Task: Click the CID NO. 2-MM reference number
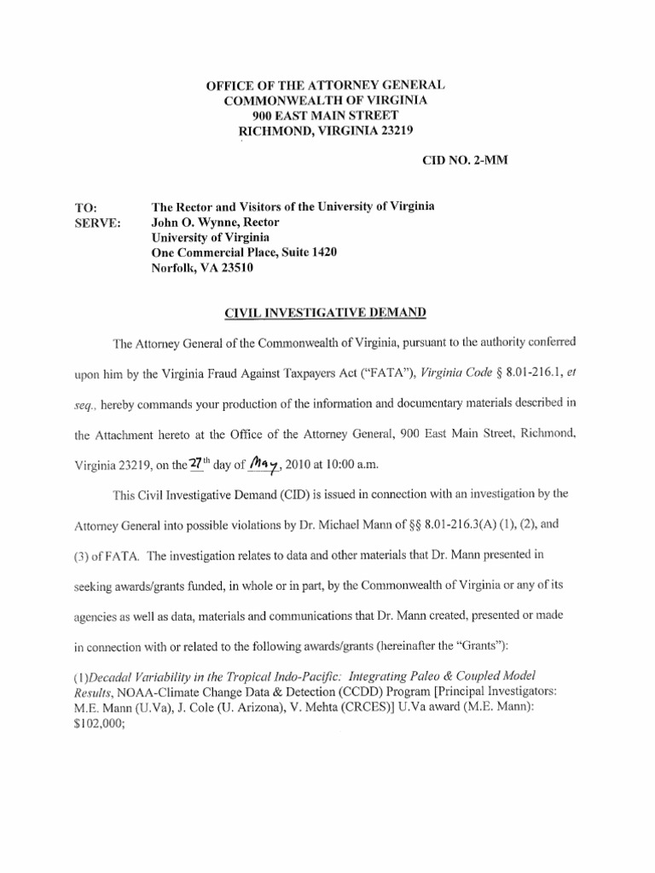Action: (465, 161)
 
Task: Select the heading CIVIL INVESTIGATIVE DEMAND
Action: (324, 313)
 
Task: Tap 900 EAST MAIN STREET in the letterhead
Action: (324, 115)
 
